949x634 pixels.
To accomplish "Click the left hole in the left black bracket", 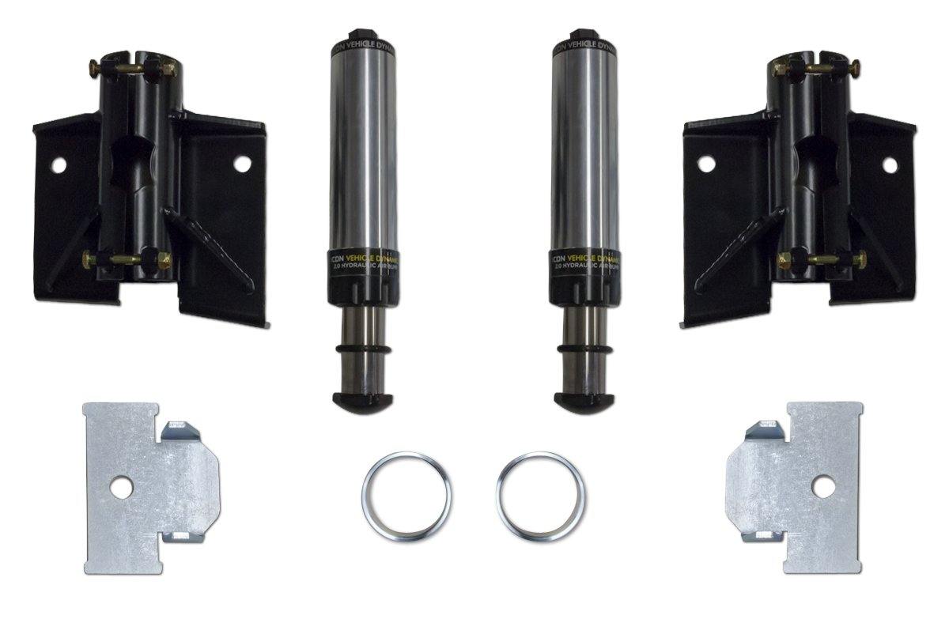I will coord(58,165).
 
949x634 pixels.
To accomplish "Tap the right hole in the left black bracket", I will coord(242,164).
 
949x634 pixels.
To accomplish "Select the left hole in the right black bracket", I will coord(706,164).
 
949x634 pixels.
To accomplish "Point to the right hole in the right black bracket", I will coord(890,165).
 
